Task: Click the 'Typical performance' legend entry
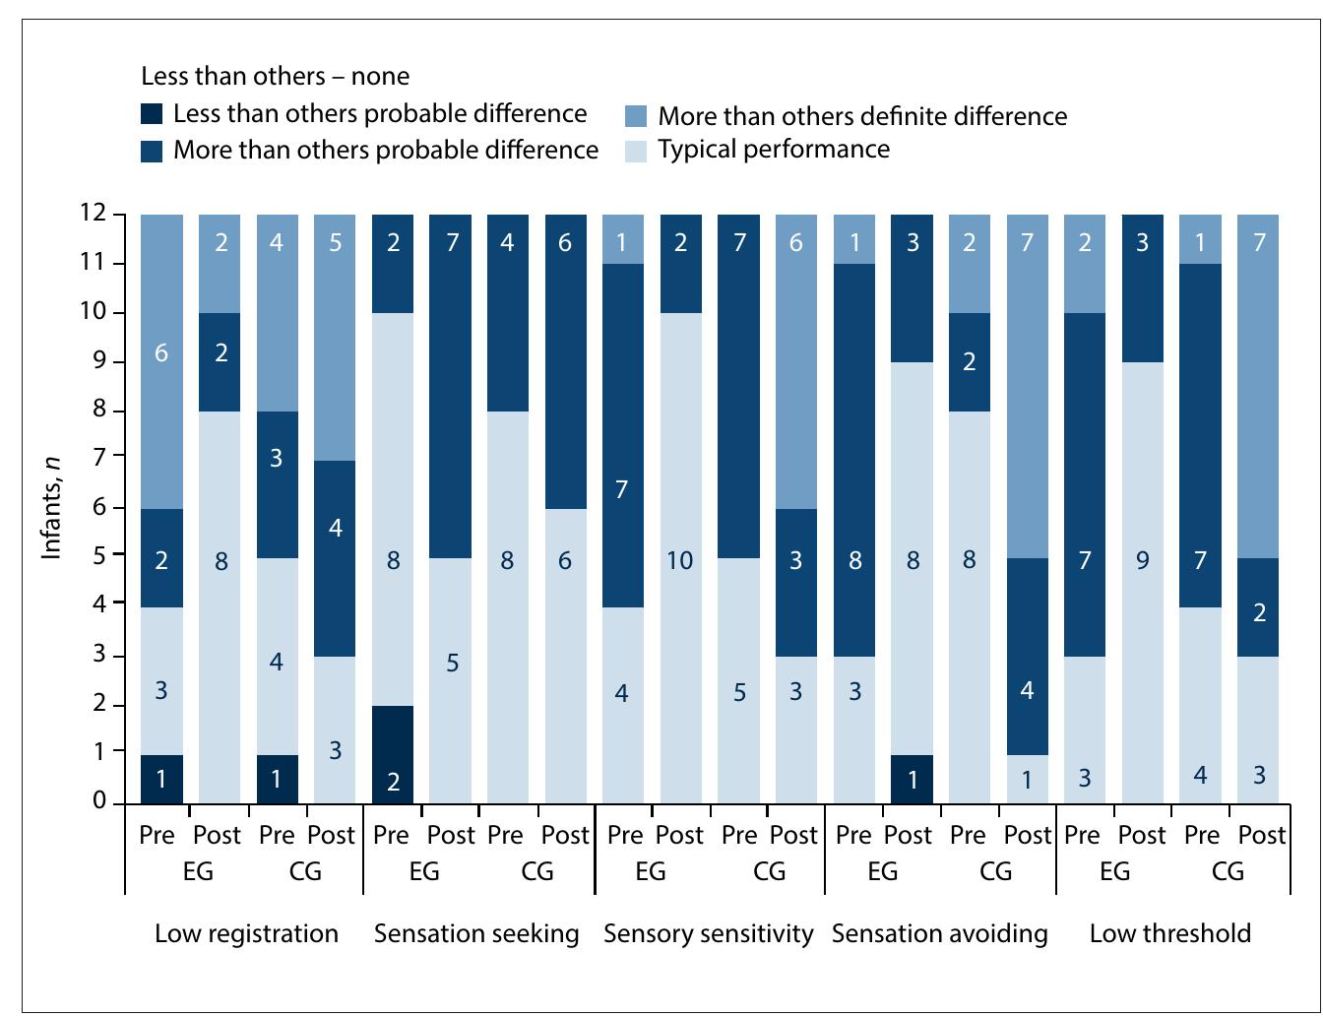(x=774, y=150)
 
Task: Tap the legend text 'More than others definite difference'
(x=862, y=116)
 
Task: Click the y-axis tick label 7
(x=100, y=457)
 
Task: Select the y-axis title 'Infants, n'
(x=51, y=508)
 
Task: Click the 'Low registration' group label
(x=246, y=933)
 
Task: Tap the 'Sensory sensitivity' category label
(x=709, y=933)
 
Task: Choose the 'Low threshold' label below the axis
(x=1169, y=933)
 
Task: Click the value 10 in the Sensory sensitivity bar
(x=679, y=560)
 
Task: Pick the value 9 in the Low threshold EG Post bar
(x=1142, y=560)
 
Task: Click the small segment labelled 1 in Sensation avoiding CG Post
(x=1027, y=780)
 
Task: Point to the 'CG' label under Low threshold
(x=1228, y=871)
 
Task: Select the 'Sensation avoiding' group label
(x=939, y=933)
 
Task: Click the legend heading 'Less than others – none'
(x=276, y=76)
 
